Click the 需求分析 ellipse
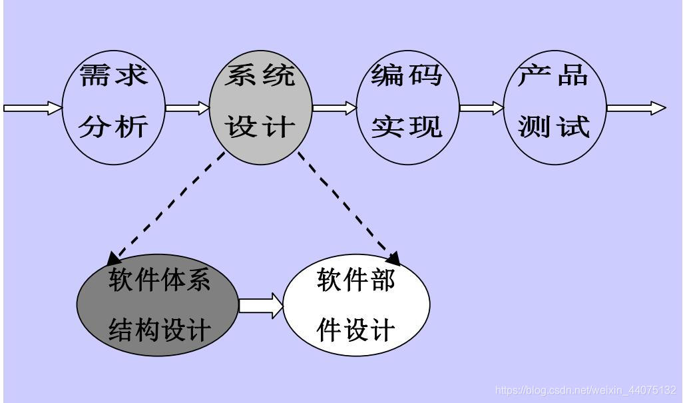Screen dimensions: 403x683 tap(113, 107)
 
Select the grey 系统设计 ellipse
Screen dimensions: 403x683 tap(260, 107)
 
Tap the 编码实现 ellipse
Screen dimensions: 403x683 tap(407, 107)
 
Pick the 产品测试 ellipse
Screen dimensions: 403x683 tap(555, 107)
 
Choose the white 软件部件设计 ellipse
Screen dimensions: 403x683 tap(356, 306)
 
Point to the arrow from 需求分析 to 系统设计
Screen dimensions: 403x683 tap(187, 108)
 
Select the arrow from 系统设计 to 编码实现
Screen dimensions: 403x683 tap(334, 108)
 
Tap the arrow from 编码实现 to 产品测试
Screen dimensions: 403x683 tap(481, 108)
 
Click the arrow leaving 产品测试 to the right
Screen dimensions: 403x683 tap(636, 108)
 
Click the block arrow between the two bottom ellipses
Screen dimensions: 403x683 tap(260, 306)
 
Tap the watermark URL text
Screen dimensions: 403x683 tap(586, 390)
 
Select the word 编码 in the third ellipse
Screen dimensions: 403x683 tap(407, 75)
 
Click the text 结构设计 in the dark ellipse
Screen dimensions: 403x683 tap(159, 329)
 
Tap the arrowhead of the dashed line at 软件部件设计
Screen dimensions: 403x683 tap(393, 258)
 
